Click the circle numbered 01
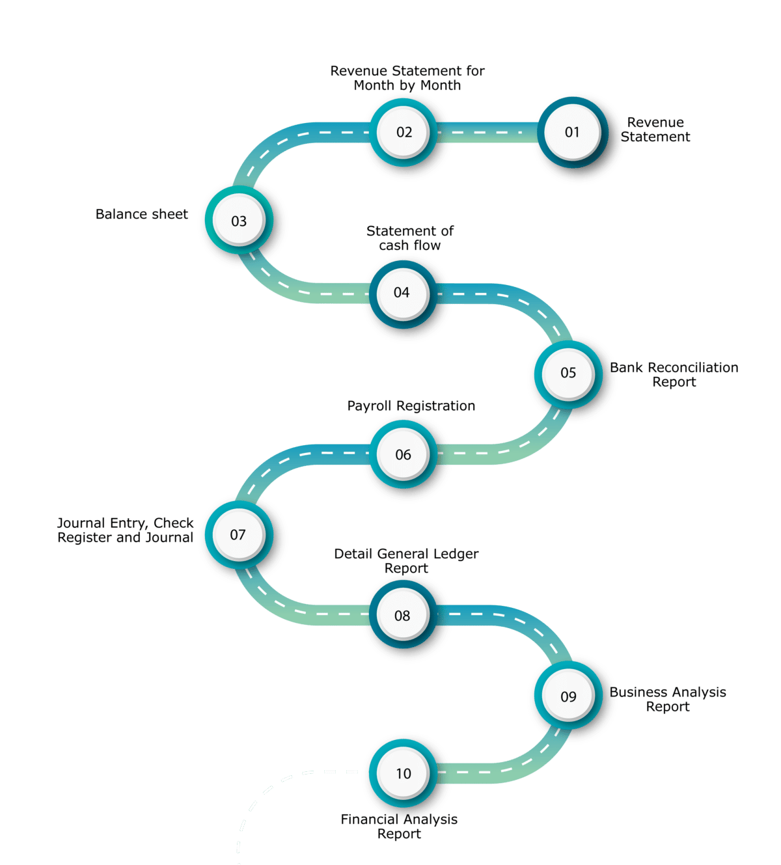click(572, 132)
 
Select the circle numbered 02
click(404, 132)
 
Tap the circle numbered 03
click(239, 221)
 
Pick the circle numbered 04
click(402, 293)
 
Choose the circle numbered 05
click(568, 373)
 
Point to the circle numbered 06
click(403, 454)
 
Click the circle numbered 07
click(238, 535)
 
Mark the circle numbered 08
click(402, 615)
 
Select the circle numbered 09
click(568, 696)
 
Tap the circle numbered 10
click(404, 773)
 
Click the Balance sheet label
click(142, 214)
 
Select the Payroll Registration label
click(411, 406)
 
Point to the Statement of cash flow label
click(410, 238)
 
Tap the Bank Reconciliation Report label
click(675, 375)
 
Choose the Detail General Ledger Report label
click(406, 560)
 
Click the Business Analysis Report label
click(669, 699)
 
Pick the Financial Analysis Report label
click(399, 827)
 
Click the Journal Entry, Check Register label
click(126, 530)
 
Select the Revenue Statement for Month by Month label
click(407, 78)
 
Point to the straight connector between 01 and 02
click(488, 132)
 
